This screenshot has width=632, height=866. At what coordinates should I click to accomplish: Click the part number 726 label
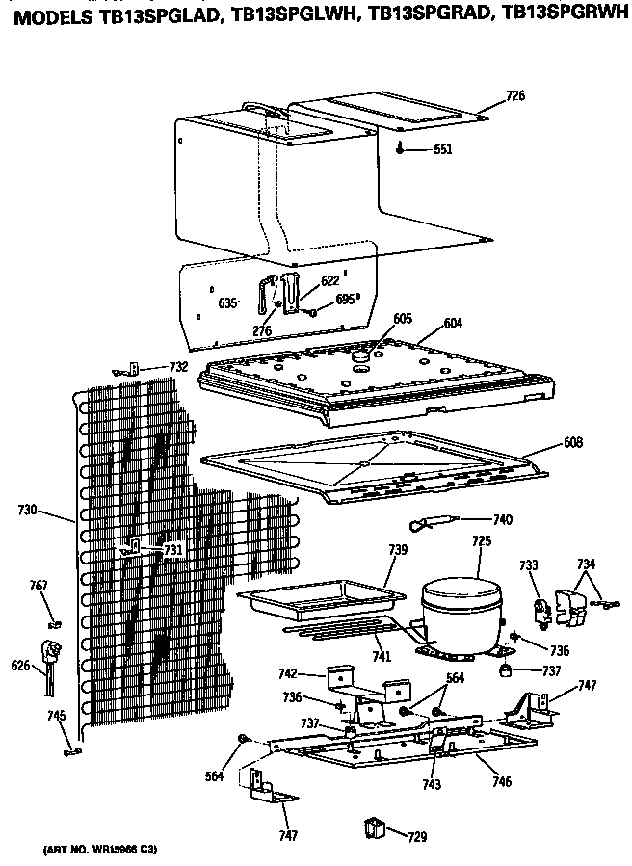[515, 95]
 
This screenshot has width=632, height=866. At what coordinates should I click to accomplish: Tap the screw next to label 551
[401, 149]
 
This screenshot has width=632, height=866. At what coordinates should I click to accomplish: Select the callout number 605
[404, 318]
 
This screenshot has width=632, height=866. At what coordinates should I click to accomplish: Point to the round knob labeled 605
[363, 355]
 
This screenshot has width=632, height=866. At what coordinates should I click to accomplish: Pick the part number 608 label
[574, 444]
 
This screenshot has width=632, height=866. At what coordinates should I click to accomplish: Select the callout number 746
[500, 782]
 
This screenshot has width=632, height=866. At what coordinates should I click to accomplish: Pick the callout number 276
[262, 330]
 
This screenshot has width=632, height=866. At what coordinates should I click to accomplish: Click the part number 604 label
[453, 324]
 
